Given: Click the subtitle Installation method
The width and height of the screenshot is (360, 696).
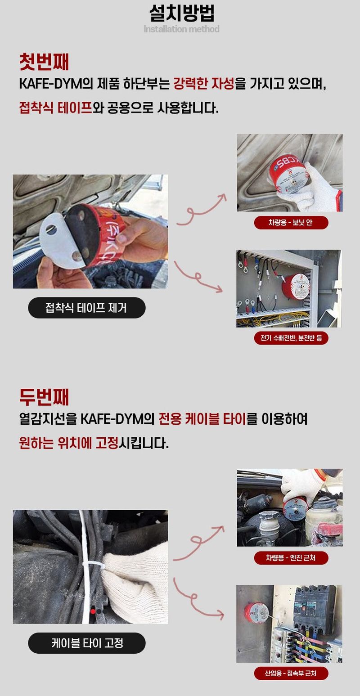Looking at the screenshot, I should pos(181,29).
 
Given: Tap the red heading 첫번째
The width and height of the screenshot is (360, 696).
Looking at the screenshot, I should pos(44,62).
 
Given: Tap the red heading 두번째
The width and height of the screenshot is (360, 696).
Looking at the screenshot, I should pos(44,397).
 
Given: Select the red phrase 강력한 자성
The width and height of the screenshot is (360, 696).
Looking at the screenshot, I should pos(203,84).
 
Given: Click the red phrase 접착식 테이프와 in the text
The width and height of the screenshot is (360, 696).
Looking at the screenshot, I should pos(55,108).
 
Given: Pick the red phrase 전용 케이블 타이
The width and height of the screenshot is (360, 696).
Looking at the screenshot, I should pos(202,419).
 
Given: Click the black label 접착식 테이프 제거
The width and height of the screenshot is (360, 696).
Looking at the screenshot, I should pos(86,308).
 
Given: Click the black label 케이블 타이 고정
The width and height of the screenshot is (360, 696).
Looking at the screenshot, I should pos(86,643).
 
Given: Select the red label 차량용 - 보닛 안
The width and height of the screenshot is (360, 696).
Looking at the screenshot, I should pos(291,223).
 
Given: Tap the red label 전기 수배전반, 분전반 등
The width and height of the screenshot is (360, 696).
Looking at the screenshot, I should pos(291,338).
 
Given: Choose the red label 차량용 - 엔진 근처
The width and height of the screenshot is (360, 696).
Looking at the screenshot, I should pos(291,558).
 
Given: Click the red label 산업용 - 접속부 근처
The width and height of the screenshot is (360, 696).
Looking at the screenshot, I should pos(291,674).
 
